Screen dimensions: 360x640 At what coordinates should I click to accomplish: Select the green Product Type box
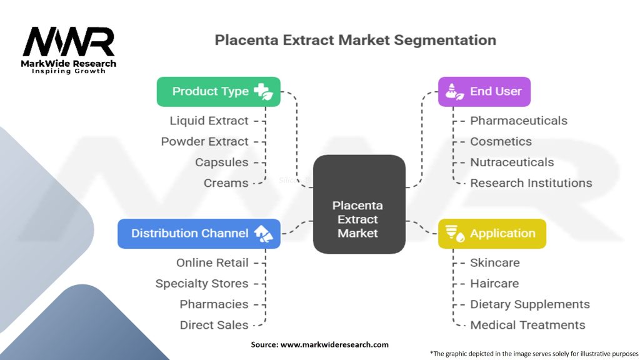point(218,91)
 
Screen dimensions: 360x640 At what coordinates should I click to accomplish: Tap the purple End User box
point(484,91)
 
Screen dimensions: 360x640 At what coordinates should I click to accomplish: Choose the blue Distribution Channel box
point(199,233)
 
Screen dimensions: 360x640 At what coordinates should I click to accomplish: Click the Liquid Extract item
point(209,121)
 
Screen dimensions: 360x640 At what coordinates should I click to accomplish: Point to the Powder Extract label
point(204,141)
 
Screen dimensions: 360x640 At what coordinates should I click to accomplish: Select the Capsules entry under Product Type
point(221,162)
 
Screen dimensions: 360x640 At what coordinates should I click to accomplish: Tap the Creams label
point(226,183)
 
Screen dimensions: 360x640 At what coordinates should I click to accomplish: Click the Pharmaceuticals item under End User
point(519,121)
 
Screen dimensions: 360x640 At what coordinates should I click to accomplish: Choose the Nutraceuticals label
point(512,162)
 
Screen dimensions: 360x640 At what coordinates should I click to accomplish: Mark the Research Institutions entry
point(531,183)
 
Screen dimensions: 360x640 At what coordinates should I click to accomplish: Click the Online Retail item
point(212,262)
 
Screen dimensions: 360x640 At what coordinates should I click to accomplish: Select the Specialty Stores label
point(202,283)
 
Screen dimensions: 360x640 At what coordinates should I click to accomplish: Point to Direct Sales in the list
point(214,325)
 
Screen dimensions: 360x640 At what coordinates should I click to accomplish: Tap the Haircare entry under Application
point(494,283)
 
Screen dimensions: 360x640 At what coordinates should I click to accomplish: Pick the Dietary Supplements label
point(529,304)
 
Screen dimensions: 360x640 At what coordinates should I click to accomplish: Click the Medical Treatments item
point(527,325)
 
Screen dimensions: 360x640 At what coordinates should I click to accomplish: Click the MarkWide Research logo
point(69,50)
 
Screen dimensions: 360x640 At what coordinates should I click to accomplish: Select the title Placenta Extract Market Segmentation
point(355,41)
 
